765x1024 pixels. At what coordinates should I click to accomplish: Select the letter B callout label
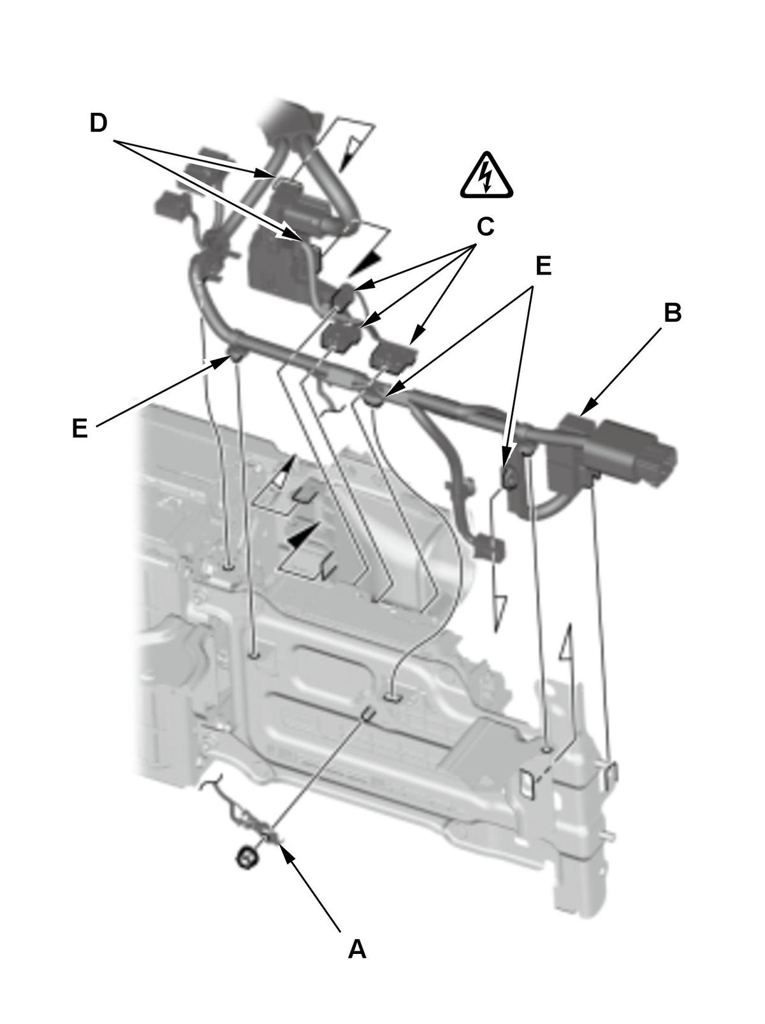(672, 313)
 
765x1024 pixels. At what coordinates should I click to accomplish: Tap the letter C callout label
(485, 227)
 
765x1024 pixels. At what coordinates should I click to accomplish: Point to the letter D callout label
(98, 123)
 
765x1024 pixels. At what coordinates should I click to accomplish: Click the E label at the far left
(80, 428)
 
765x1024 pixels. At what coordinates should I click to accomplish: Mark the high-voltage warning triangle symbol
(486, 175)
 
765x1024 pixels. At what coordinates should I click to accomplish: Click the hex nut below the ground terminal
(247, 858)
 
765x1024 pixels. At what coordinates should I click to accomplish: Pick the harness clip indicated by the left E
(236, 354)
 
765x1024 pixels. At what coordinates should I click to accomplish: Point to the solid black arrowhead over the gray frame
(304, 535)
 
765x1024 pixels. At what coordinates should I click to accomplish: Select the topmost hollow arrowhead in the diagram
(349, 152)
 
